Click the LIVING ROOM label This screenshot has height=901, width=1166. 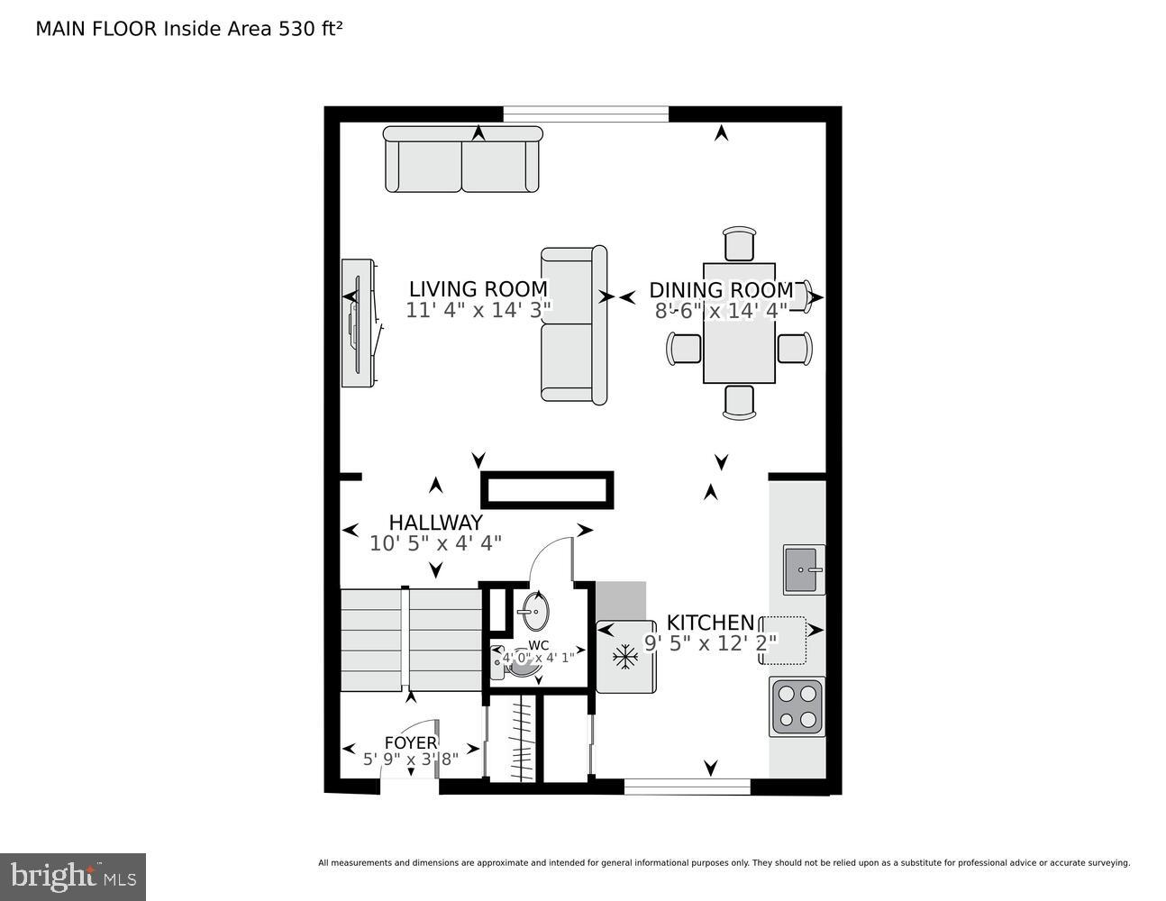click(478, 289)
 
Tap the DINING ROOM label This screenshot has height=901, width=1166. click(721, 290)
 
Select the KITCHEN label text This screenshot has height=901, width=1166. click(710, 623)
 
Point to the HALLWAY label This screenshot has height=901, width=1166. click(435, 523)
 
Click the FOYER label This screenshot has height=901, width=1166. click(410, 742)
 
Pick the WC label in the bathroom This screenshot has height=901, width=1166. click(539, 645)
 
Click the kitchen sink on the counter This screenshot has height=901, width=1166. click(804, 569)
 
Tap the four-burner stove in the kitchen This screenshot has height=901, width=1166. click(797, 706)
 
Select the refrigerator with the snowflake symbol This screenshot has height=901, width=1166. click(625, 657)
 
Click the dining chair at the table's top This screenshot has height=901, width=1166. click(739, 245)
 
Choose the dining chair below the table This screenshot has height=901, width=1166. click(739, 401)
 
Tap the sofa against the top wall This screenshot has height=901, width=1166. click(462, 159)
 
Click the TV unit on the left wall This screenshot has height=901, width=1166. click(358, 323)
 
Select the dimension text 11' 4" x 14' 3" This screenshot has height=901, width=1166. click(478, 310)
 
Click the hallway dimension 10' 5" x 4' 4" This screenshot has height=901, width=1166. click(435, 543)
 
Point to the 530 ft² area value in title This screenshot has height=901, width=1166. click(310, 28)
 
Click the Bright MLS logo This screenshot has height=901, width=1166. click(73, 877)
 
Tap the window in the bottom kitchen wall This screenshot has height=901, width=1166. click(687, 787)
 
